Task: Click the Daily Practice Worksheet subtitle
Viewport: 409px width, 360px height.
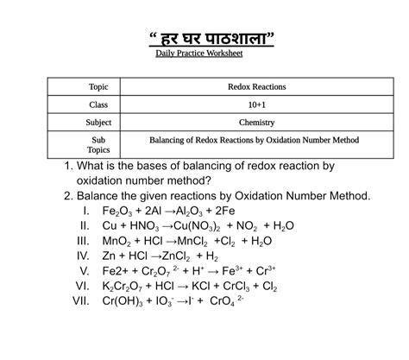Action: pyautogui.click(x=199, y=54)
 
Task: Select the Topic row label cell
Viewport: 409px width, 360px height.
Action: pyautogui.click(x=99, y=87)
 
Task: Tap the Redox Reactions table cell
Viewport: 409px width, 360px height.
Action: pyautogui.click(x=256, y=87)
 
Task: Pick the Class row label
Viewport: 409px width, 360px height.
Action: pyautogui.click(x=99, y=104)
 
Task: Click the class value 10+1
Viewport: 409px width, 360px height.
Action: pyautogui.click(x=256, y=104)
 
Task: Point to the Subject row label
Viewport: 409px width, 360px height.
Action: pyautogui.click(x=99, y=123)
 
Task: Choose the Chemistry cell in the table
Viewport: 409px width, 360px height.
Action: pyautogui.click(x=256, y=123)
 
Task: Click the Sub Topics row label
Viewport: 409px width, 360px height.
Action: pyautogui.click(x=99, y=143)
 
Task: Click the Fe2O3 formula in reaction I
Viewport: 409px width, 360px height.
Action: pyautogui.click(x=119, y=212)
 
